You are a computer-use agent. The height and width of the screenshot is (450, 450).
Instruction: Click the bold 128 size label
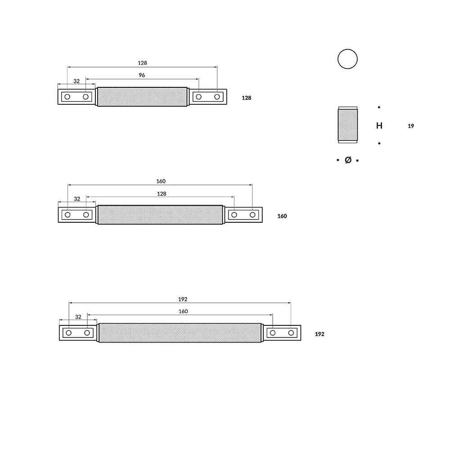[x=247, y=98]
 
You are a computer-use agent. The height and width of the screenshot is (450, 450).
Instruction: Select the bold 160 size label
[x=282, y=216]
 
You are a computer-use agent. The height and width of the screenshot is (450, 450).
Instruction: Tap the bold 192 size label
[x=319, y=334]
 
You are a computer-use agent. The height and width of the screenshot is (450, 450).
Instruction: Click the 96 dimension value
[x=142, y=75]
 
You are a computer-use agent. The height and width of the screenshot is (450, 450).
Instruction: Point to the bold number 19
[x=411, y=126]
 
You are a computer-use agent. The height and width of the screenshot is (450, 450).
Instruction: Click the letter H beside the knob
[x=379, y=126]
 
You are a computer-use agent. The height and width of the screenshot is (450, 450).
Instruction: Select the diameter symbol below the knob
[x=348, y=160]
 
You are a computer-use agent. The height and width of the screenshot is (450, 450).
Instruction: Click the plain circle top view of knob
[x=347, y=59]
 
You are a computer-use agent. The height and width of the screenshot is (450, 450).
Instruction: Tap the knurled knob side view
[x=347, y=125]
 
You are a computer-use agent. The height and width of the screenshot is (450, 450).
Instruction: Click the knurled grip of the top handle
[x=142, y=97]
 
